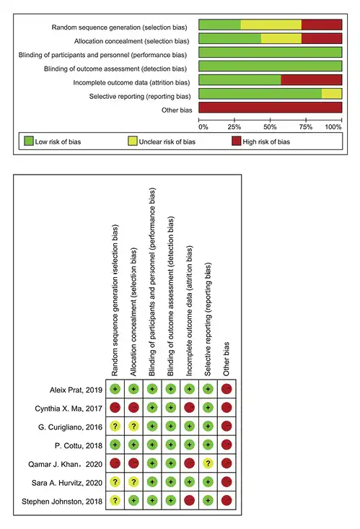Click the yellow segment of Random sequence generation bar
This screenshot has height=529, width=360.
pyautogui.click(x=271, y=25)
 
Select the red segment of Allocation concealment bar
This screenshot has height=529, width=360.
pyautogui.click(x=322, y=38)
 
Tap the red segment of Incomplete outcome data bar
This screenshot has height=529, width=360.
pyautogui.click(x=312, y=79)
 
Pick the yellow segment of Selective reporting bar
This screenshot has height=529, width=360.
pyautogui.click(x=332, y=93)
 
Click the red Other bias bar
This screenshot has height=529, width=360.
pyautogui.click(x=271, y=108)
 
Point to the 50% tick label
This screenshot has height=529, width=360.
pyautogui.click(x=270, y=127)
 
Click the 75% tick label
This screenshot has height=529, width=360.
pyautogui.click(x=306, y=127)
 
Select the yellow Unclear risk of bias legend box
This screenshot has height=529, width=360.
pyautogui.click(x=133, y=141)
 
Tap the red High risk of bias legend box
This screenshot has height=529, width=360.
pyautogui.click(x=237, y=141)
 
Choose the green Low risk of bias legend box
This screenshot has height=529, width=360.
pyautogui.click(x=29, y=141)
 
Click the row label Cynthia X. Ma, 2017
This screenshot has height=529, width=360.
pyautogui.click(x=69, y=408)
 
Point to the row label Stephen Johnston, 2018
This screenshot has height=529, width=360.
pyautogui.click(x=62, y=502)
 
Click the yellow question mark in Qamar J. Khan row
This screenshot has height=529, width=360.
pyautogui.click(x=208, y=463)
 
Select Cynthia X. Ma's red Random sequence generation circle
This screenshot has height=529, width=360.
pyautogui.click(x=115, y=408)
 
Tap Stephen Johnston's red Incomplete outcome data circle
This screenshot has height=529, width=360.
pyautogui.click(x=189, y=500)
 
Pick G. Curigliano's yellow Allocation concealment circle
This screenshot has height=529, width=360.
pyautogui.click(x=133, y=427)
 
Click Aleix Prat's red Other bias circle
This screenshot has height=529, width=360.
pyautogui.click(x=227, y=389)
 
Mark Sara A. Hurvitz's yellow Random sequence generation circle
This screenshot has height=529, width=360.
pyautogui.click(x=115, y=482)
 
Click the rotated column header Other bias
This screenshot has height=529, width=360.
pyautogui.click(x=226, y=359)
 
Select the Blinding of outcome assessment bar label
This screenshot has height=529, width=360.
pyautogui.click(x=115, y=69)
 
